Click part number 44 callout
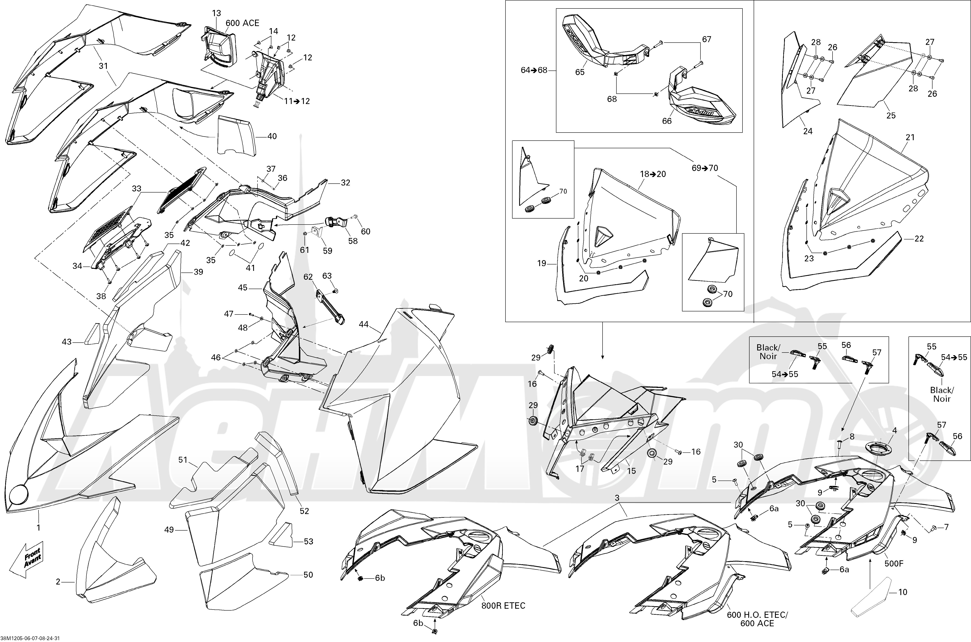[363, 325]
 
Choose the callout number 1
[39, 528]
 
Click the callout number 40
[272, 136]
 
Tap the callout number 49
[169, 530]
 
